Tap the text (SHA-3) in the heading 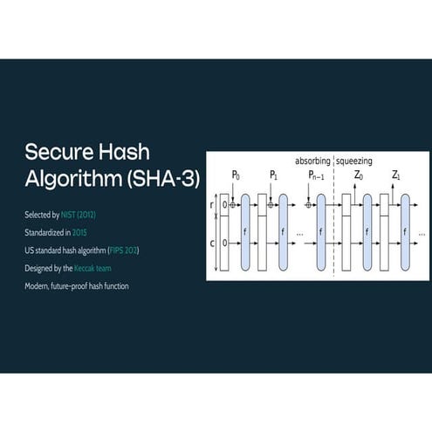click(x=163, y=178)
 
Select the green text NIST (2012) click(x=79, y=215)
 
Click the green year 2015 click(x=79, y=233)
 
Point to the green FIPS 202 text click(x=123, y=250)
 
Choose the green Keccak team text click(x=93, y=268)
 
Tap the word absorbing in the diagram click(x=312, y=161)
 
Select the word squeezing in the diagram click(x=354, y=161)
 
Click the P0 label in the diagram click(x=236, y=175)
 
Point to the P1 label click(x=273, y=175)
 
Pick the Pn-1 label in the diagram click(x=316, y=175)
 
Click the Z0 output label click(x=359, y=175)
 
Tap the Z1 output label click(x=396, y=175)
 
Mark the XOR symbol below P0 click(x=233, y=205)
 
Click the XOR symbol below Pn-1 click(x=309, y=205)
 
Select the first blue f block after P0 click(x=245, y=232)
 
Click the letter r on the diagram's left click(x=211, y=205)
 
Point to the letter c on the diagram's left click(x=212, y=243)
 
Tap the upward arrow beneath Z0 click(x=354, y=195)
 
